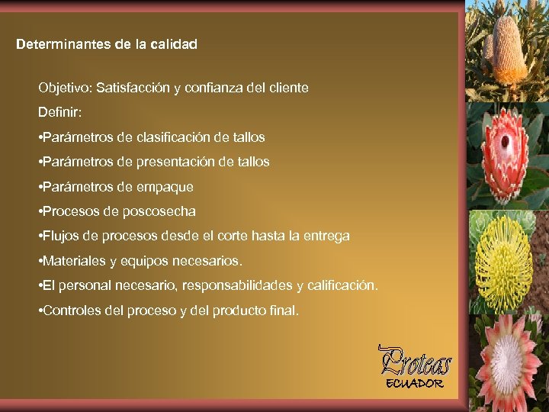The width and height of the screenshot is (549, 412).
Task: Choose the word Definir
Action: (x=59, y=113)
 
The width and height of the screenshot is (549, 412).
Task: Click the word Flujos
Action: (x=63, y=237)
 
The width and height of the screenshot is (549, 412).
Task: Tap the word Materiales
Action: (x=75, y=261)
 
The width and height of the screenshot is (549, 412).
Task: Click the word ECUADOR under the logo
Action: (x=415, y=383)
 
